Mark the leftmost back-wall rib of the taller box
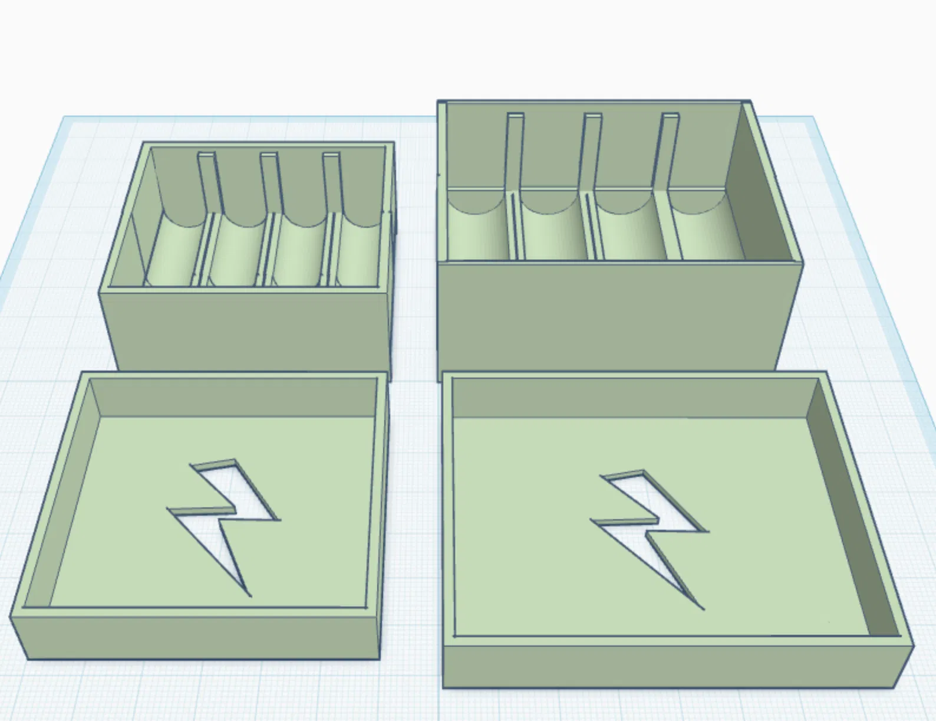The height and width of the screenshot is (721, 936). [515, 150]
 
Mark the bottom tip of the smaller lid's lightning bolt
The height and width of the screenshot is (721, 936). [250, 595]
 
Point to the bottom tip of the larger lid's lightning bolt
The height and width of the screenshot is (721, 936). [703, 608]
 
